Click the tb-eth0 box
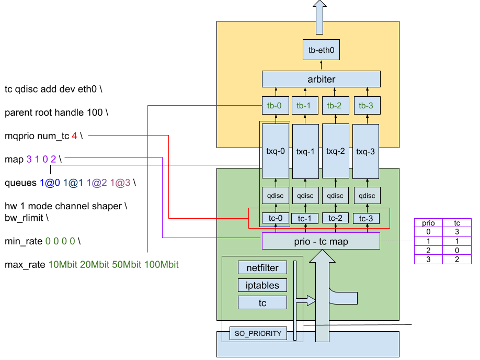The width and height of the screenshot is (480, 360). [x=321, y=50]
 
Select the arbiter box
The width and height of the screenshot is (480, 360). [x=321, y=80]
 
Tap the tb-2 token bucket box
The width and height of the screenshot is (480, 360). [x=335, y=106]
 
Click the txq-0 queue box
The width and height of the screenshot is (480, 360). [x=276, y=151]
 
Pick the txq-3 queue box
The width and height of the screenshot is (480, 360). [x=366, y=151]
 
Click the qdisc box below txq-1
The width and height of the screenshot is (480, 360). [x=305, y=196]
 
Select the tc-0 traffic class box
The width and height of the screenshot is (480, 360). [x=275, y=218]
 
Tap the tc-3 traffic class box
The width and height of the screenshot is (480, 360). [x=366, y=218]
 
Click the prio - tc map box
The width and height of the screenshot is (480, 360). [x=321, y=241]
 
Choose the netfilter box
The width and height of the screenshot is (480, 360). [x=262, y=268]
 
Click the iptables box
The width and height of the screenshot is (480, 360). [x=262, y=285]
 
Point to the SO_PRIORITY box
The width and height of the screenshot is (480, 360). [x=258, y=333]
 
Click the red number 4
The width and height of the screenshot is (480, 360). [x=74, y=136]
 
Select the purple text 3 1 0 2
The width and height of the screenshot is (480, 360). [x=41, y=159]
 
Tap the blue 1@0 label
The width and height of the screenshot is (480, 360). [x=50, y=183]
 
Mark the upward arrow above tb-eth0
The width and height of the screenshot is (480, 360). [x=319, y=10]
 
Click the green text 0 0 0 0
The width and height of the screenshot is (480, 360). [x=60, y=241]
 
